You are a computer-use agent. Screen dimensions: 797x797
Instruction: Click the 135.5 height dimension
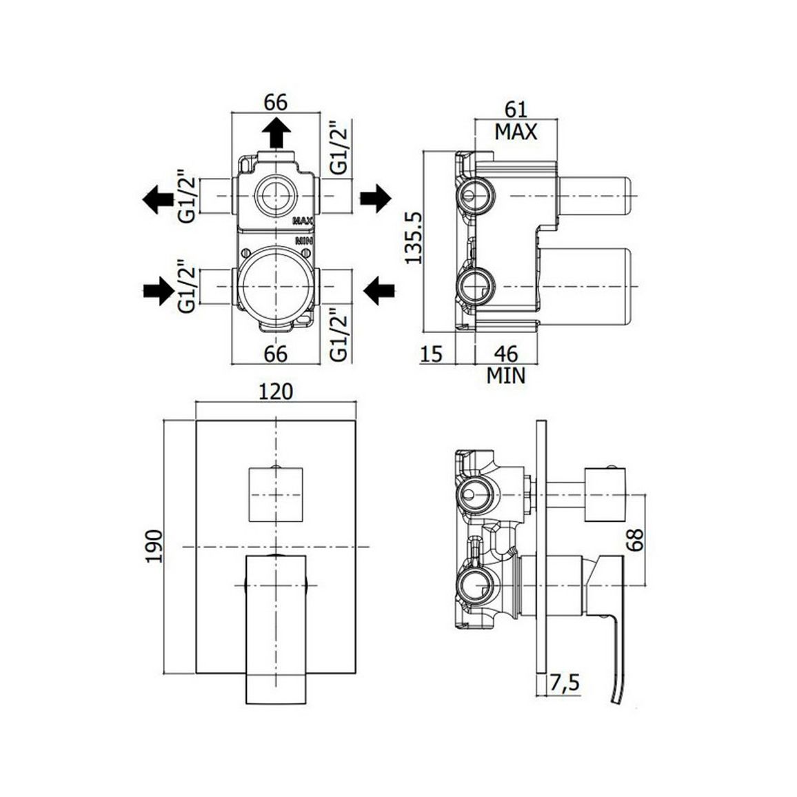point(414,238)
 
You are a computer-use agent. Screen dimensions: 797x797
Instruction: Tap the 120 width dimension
point(276,392)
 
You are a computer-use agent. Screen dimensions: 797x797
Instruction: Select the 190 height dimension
point(154,546)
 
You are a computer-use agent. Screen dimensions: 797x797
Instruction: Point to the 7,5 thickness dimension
point(564,683)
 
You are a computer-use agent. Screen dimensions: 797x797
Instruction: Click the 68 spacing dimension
point(635,540)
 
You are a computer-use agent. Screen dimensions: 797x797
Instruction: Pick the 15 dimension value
point(432,354)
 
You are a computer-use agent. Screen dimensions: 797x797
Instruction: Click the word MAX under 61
point(516,132)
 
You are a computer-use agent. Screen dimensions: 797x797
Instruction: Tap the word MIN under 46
point(506,376)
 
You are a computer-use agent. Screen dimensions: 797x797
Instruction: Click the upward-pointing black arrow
point(276,131)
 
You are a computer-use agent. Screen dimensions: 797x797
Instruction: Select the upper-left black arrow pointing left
point(159,199)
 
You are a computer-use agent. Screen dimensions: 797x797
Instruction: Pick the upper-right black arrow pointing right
point(376,198)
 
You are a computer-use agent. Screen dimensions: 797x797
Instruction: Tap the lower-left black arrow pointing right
point(159,291)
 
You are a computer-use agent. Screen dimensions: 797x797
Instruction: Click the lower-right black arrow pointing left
point(379,291)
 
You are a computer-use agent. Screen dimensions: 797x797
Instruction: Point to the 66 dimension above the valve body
point(276,102)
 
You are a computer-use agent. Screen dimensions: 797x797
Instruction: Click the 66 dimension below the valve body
point(276,354)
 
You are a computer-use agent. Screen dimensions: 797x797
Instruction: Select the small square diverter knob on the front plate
point(276,494)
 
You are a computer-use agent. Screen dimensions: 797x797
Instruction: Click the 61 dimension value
point(516,110)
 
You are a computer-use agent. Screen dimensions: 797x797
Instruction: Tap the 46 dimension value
point(506,354)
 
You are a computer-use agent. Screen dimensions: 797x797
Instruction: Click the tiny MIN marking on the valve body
point(303,240)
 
